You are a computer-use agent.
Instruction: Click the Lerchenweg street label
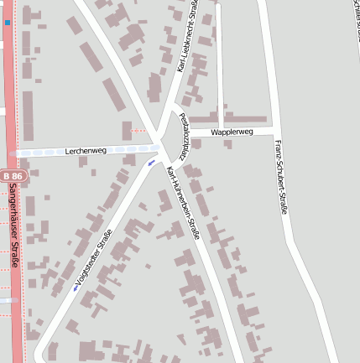[86, 150]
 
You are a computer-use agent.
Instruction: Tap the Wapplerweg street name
[232, 132]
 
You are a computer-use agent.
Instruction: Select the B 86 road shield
[12, 176]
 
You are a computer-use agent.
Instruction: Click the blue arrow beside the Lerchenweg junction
[151, 163]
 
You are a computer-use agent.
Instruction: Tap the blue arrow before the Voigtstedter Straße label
[76, 288]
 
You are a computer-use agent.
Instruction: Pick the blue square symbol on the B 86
[8, 23]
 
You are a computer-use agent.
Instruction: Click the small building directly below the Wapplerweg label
[228, 143]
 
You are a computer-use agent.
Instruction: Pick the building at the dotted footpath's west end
[128, 131]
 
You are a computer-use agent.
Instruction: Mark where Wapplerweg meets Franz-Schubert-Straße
[274, 131]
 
